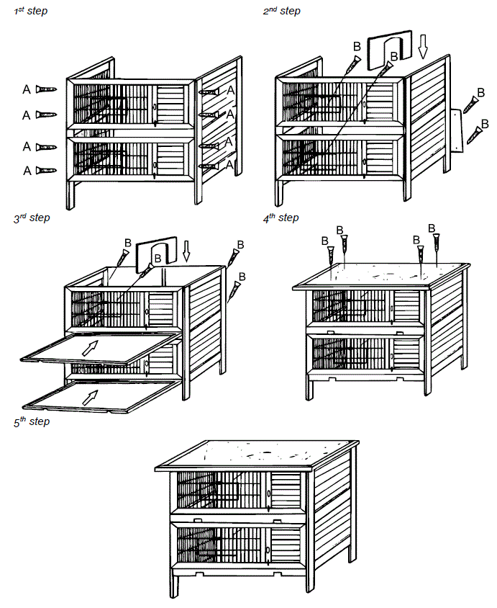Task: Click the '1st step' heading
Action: [x=30, y=12]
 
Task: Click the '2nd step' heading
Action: [x=281, y=12]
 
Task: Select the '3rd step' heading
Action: [x=32, y=218]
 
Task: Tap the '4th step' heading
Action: [x=281, y=218]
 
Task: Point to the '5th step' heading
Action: [x=32, y=422]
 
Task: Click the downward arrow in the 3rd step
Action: [x=187, y=251]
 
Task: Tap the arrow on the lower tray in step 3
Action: [x=90, y=395]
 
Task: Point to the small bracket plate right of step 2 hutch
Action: [x=457, y=130]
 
